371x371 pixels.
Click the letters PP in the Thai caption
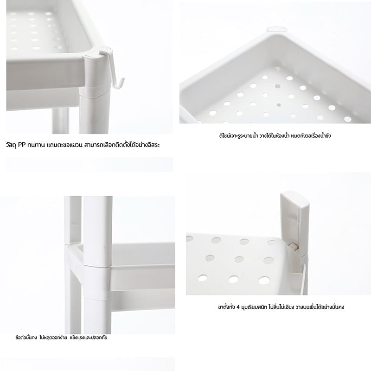[22, 145]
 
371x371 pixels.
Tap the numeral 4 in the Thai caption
[238, 307]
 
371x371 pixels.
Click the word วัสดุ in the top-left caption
[11, 145]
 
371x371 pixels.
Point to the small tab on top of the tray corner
[277, 29]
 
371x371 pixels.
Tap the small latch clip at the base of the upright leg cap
[293, 247]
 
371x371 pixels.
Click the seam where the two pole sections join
[97, 265]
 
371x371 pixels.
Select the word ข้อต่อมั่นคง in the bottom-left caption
[26, 338]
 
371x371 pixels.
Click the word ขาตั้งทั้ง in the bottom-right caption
[226, 307]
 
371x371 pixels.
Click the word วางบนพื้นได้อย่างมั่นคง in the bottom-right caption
[320, 307]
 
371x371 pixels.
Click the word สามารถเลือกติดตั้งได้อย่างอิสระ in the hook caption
[121, 145]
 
